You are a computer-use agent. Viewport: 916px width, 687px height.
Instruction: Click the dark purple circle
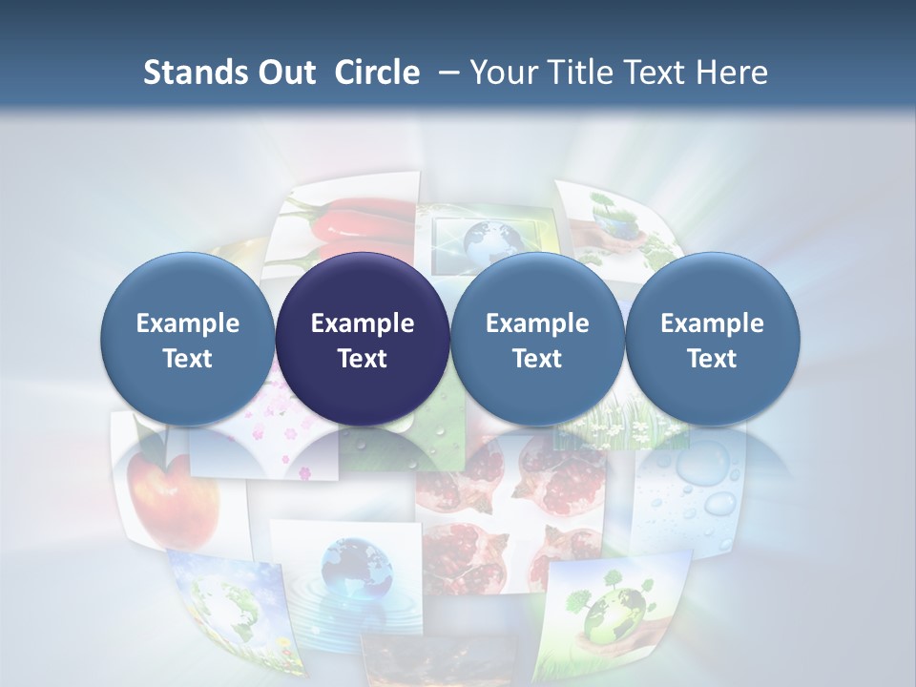tap(363, 339)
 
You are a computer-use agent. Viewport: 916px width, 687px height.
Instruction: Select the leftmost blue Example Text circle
tap(188, 339)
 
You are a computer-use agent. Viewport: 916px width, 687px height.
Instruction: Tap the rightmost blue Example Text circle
tap(713, 339)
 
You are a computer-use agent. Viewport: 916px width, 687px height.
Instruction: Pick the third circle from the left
tap(537, 339)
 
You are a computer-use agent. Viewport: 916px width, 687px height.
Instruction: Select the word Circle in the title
tap(377, 73)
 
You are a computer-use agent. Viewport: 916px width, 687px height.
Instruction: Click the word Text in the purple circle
tap(363, 359)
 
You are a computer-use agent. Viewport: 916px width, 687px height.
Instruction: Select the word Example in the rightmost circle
tap(713, 323)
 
